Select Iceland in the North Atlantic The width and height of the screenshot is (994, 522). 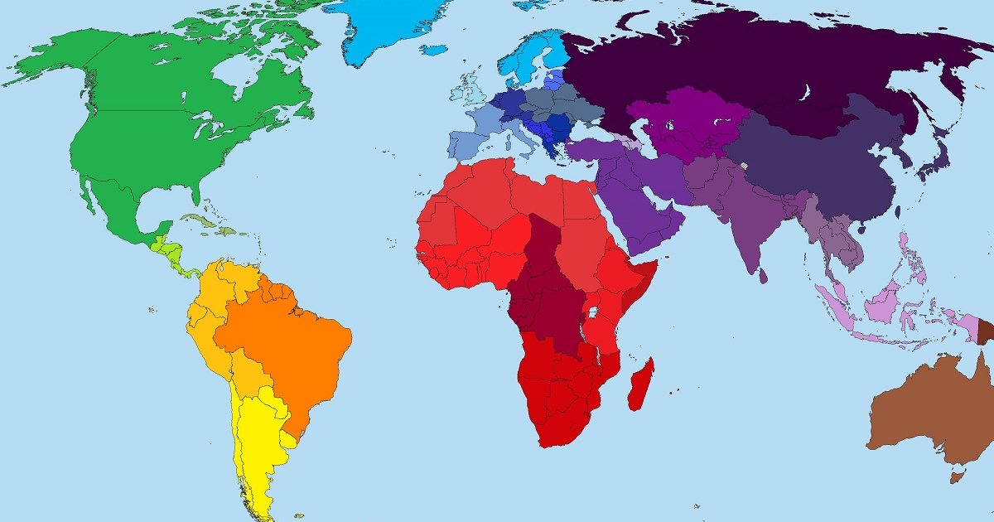tap(432, 49)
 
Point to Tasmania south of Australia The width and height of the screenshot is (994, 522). tap(958, 476)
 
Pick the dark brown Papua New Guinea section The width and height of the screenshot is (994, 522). tap(986, 331)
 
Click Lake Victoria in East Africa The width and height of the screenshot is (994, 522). tap(594, 314)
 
